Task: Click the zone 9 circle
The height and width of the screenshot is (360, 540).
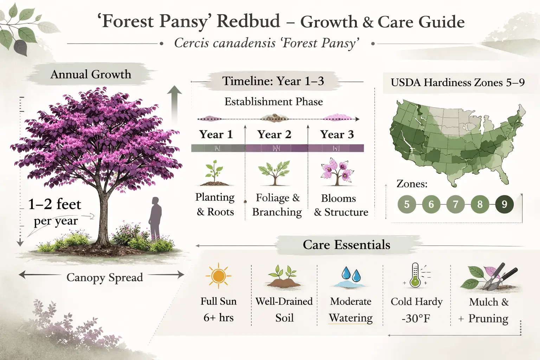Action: point(504,204)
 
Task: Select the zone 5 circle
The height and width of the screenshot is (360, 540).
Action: point(407,204)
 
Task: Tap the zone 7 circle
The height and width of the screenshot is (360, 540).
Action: point(455,204)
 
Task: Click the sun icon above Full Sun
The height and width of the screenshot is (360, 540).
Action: point(218,276)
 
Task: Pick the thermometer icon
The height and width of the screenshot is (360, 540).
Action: point(415,275)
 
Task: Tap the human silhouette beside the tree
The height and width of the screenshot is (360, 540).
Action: point(155,218)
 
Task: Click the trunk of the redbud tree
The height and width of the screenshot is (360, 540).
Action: point(103,218)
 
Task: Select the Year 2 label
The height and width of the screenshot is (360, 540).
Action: point(274,135)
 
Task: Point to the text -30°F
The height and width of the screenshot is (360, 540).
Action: point(416,319)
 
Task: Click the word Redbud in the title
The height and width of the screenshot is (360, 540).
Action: point(248,21)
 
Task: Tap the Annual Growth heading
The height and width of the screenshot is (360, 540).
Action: point(91,75)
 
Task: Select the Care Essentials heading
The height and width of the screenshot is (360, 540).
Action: point(346,245)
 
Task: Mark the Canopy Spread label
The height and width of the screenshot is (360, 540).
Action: point(105,277)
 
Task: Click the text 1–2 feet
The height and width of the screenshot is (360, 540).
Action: point(54,204)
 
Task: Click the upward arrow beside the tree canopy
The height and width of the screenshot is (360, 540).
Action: point(174,102)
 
